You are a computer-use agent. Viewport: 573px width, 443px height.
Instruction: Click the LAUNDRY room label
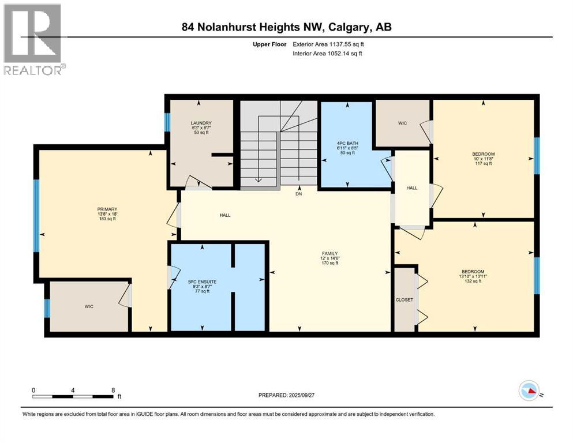pyautogui.click(x=201, y=123)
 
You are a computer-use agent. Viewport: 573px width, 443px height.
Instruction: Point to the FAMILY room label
pyautogui.click(x=329, y=253)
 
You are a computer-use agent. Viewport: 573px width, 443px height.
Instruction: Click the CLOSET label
pyautogui.click(x=404, y=300)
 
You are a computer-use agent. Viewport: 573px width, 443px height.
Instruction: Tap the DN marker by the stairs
pyautogui.click(x=299, y=194)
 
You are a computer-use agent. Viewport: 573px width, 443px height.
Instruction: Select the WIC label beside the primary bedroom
pyautogui.click(x=88, y=306)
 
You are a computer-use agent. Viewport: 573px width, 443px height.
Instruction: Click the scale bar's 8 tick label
pyautogui.click(x=113, y=390)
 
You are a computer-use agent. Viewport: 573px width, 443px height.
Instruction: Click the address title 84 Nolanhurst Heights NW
pyautogui.click(x=286, y=27)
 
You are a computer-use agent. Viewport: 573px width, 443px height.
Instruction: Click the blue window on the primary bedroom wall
pyautogui.click(x=36, y=215)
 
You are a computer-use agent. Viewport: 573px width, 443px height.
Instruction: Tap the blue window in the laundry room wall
pyautogui.click(x=167, y=122)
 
